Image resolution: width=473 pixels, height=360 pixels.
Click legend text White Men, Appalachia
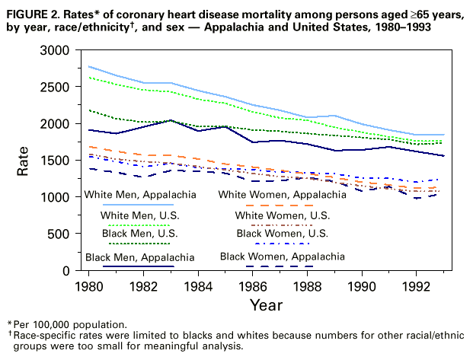130,195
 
